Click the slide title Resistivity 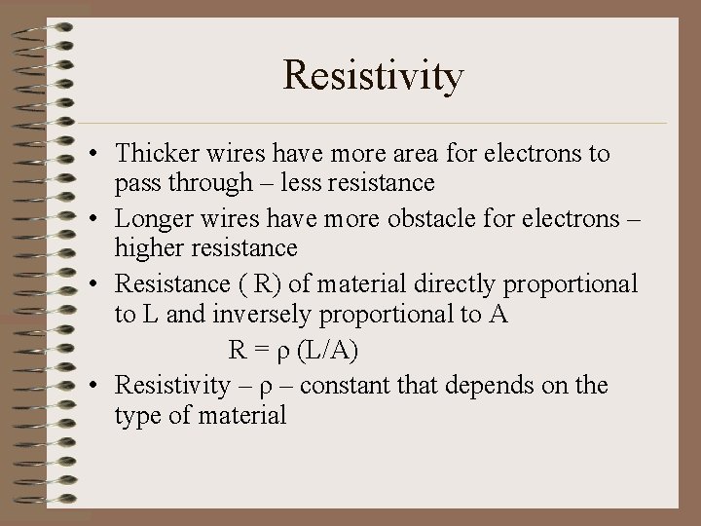click(x=374, y=76)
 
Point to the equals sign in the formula click(x=259, y=349)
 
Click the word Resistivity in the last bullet click(x=169, y=385)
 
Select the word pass click(x=136, y=182)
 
